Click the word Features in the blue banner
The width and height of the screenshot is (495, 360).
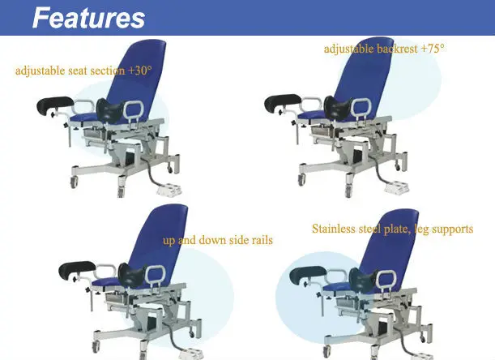coord(88,18)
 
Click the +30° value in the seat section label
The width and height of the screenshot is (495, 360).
coord(140,71)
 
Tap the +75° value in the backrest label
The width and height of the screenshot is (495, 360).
coord(433,48)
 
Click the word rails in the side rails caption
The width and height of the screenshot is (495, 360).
coord(262,240)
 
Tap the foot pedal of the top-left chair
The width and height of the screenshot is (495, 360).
coord(169,191)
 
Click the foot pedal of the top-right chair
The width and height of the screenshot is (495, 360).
coord(396,187)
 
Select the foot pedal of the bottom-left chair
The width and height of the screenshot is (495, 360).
coord(191,354)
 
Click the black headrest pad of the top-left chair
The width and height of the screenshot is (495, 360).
coord(55,105)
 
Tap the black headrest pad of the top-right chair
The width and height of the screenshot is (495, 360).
coord(283,102)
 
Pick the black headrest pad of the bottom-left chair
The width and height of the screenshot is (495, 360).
coord(77,270)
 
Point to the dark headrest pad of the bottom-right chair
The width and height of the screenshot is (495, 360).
coord(308,274)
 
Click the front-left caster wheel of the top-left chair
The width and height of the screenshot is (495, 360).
coord(74,182)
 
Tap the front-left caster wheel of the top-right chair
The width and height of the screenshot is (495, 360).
coord(301,179)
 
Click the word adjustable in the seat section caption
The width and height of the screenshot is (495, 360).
coord(40,71)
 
